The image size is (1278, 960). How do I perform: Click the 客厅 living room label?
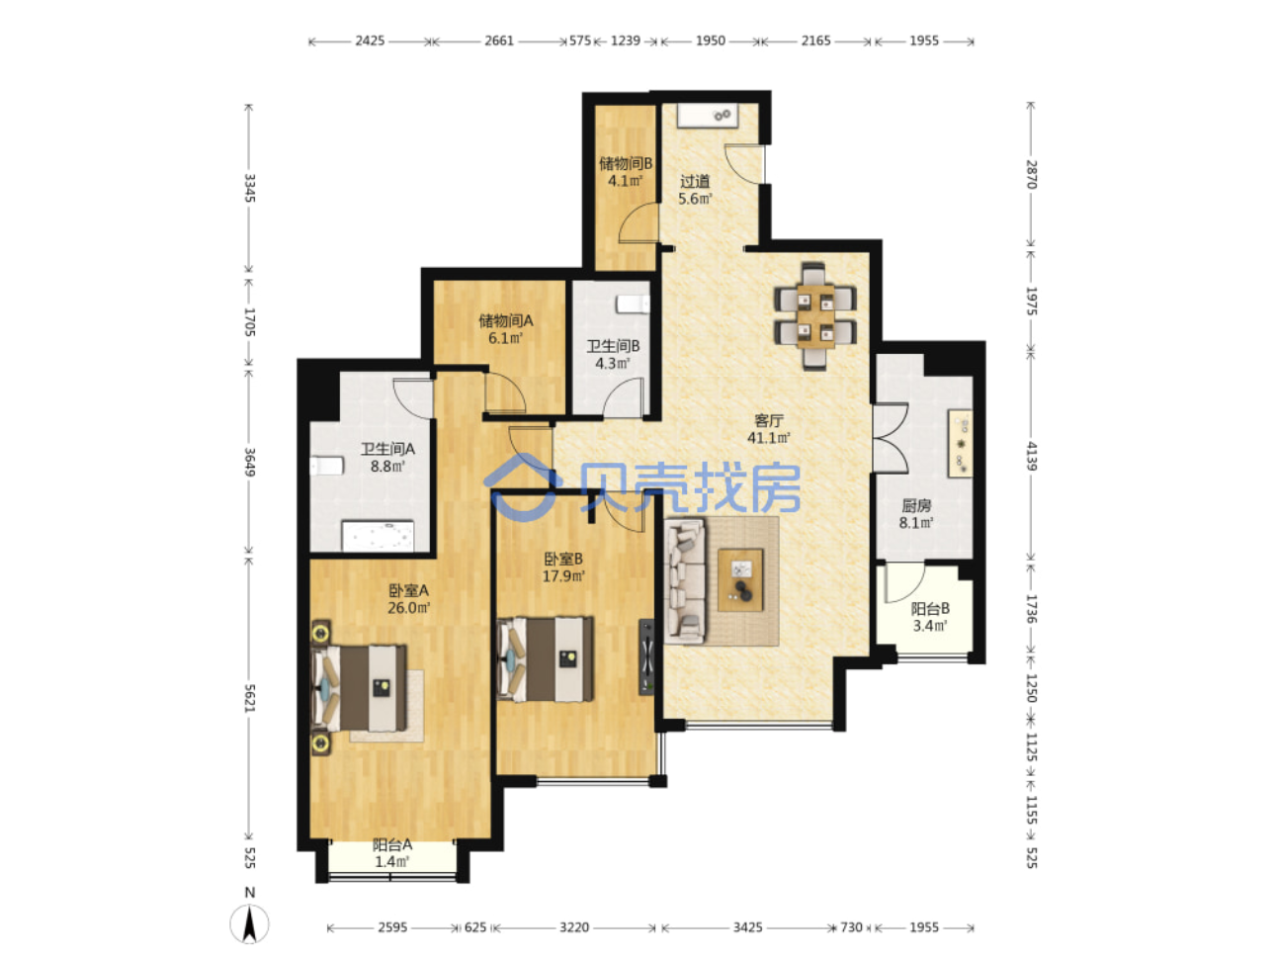[x=769, y=420]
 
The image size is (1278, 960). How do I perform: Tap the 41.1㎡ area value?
[x=769, y=438]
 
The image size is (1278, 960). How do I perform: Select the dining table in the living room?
[x=815, y=316]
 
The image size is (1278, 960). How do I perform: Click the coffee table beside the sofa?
[x=740, y=579]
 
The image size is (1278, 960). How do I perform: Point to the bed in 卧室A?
[x=359, y=688]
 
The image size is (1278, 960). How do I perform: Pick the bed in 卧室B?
[x=546, y=659]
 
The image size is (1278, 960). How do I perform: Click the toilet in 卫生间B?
[x=634, y=304]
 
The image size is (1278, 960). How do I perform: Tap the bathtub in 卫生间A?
[x=378, y=536]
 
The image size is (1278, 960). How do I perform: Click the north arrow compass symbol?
[x=250, y=923]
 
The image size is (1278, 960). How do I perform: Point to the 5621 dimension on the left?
[x=249, y=698]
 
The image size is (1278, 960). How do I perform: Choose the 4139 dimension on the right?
[x=1031, y=457]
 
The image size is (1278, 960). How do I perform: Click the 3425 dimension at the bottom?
[x=747, y=927]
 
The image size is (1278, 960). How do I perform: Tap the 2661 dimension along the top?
[x=499, y=41]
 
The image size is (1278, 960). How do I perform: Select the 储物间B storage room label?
[x=626, y=163]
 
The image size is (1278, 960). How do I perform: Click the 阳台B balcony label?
[x=930, y=609]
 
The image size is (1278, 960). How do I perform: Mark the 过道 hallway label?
[x=695, y=182]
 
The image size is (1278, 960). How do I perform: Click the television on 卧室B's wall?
[x=646, y=657]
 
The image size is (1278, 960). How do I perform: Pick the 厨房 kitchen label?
[x=916, y=505]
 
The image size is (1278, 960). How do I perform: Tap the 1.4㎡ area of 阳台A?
[x=391, y=861]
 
